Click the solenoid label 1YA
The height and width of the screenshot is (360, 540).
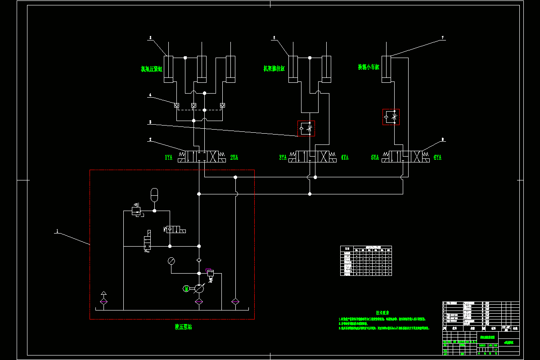tap(168, 157)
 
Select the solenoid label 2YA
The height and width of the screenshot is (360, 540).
tap(234, 157)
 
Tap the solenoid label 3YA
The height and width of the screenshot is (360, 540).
tap(283, 157)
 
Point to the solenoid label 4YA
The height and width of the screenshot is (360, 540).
tap(345, 157)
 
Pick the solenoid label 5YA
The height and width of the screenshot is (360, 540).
tap(375, 157)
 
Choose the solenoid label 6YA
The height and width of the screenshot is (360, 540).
tap(437, 157)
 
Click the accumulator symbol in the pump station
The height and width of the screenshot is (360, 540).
tap(154, 194)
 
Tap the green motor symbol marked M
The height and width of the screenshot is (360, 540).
tap(186, 288)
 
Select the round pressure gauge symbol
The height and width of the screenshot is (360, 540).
tap(171, 261)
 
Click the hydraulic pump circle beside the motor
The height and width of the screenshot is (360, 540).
tap(199, 288)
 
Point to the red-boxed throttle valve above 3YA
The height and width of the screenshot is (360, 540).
tap(306, 129)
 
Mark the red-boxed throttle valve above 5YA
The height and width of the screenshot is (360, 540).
tap(391, 117)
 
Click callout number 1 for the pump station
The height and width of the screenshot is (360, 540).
tap(57, 231)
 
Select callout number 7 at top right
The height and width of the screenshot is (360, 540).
tap(442, 38)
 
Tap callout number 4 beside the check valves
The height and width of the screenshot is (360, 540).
tap(150, 95)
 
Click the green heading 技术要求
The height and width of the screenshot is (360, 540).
tap(382, 312)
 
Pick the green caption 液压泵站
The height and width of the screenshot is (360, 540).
tap(183, 327)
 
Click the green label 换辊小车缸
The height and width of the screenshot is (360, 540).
tap(369, 67)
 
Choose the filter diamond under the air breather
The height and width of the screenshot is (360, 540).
tap(103, 301)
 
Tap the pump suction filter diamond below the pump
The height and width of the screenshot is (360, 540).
tap(198, 301)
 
